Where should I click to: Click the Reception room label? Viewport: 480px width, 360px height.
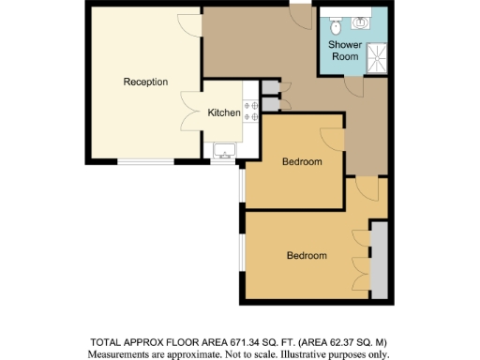coord(145,82)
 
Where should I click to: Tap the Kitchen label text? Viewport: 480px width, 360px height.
coord(224,113)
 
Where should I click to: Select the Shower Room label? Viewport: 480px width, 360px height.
coord(344,51)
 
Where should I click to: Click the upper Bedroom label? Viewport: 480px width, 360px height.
coord(302,162)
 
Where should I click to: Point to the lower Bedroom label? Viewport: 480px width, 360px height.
coord(307,255)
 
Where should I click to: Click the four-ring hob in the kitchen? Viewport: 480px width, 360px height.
coord(251,112)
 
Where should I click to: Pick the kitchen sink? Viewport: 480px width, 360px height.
coord(225,150)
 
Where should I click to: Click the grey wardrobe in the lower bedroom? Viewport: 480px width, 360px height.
coord(378,257)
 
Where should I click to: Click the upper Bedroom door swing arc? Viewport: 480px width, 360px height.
coord(333,136)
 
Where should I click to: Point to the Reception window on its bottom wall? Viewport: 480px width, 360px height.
coord(144,161)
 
